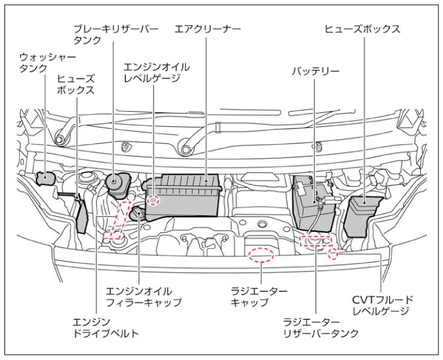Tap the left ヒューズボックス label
(76, 84)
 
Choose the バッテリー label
(315, 71)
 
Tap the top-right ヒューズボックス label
(363, 29)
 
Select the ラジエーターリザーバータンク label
(322, 327)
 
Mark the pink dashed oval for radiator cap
(261, 255)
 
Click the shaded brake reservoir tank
(116, 185)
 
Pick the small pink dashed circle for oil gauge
(154, 200)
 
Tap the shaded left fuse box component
(82, 216)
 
